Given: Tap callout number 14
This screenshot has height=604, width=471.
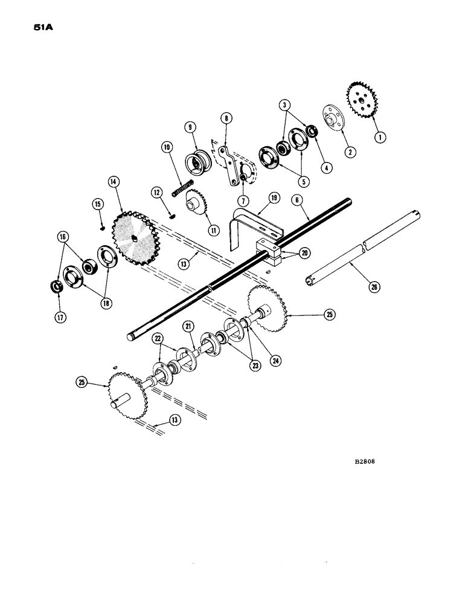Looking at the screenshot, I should [112, 181].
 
